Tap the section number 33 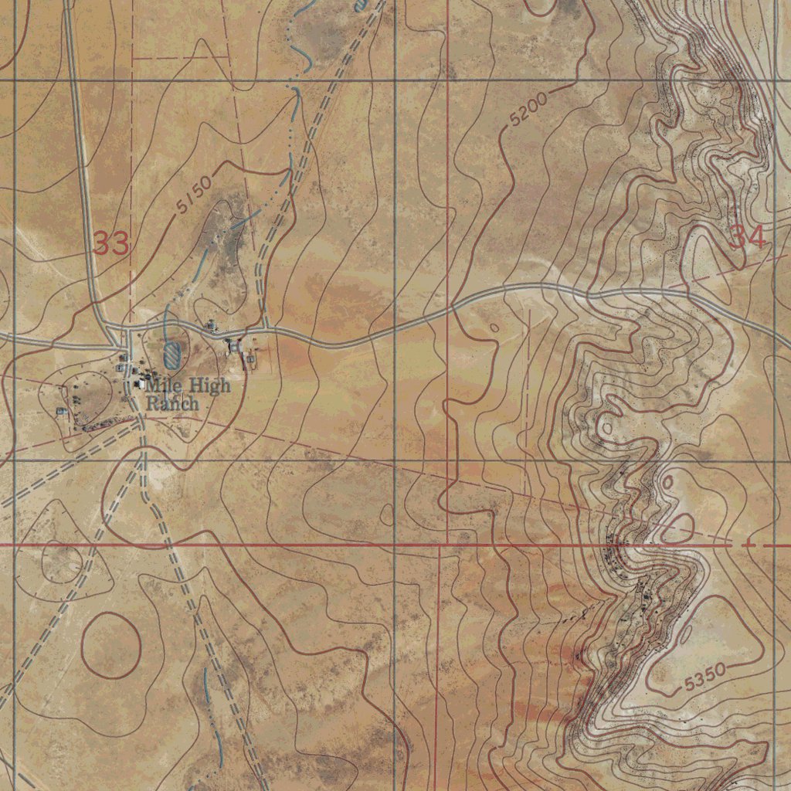[x=111, y=244]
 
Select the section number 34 [x=748, y=237]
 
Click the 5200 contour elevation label [x=528, y=110]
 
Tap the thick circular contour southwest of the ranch [x=111, y=645]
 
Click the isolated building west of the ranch [x=62, y=412]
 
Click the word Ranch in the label [x=172, y=403]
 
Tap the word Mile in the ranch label [x=162, y=385]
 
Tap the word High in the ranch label [x=207, y=385]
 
